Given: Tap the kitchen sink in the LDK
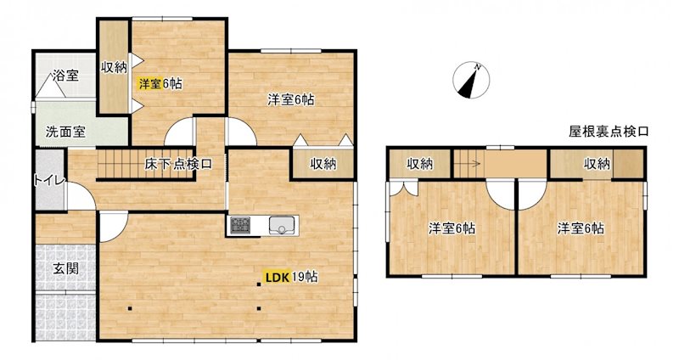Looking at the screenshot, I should pos(282,225).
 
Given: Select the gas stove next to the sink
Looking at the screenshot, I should pos(240,225).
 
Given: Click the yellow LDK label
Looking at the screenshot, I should pos(275,277).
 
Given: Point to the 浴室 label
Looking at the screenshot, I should pos(66,76).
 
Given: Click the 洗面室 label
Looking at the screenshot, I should pos(65,132).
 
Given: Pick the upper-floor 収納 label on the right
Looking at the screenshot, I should pos(597,164).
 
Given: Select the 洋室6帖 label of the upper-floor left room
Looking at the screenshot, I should pos(451,228).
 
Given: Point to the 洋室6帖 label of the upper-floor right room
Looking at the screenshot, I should pos(581,228).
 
